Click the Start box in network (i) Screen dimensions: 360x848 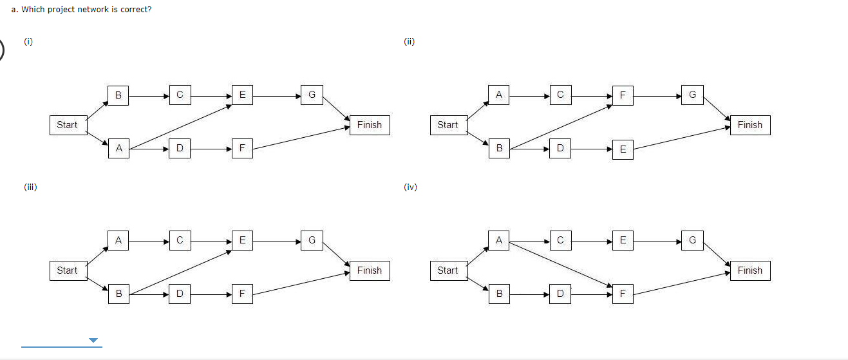67,125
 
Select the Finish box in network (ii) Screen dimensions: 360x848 749,125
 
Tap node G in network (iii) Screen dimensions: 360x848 311,240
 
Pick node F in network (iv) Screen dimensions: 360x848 622,294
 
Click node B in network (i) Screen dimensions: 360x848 118,95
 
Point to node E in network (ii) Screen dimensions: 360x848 622,149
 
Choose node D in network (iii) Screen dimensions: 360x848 180,294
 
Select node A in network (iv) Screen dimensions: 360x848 498,240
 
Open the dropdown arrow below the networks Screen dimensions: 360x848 93,340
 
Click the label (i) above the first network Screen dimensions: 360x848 28,42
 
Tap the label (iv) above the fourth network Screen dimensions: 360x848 410,187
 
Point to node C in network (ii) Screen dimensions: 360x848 560,95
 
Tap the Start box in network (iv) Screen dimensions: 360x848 448,270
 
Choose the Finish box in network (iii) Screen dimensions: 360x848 369,270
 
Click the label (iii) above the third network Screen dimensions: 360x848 30,187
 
